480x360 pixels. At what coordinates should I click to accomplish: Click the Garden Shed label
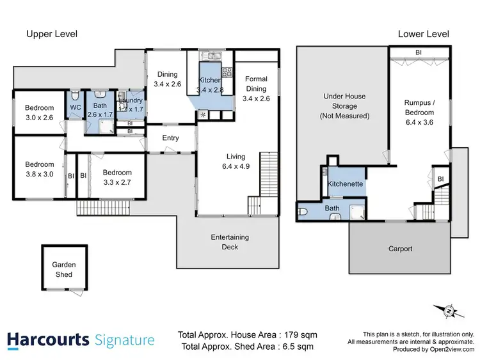click(x=63, y=269)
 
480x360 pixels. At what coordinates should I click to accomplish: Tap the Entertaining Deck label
click(x=230, y=242)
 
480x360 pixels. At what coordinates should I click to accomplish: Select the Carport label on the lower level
click(x=400, y=249)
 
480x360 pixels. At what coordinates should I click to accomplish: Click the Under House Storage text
click(x=344, y=106)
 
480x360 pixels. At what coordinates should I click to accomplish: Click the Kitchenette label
click(x=346, y=184)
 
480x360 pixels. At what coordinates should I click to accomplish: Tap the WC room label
click(x=75, y=107)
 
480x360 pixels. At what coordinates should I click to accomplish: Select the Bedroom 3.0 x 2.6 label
click(x=40, y=113)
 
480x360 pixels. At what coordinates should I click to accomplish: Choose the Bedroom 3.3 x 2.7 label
click(x=117, y=177)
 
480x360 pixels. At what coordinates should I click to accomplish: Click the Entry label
click(x=170, y=138)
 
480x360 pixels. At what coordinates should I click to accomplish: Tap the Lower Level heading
click(x=423, y=34)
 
